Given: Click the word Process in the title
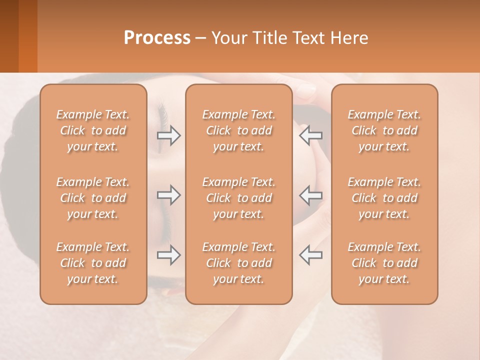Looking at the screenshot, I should click(x=157, y=38).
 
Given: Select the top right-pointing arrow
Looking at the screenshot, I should click(x=169, y=135).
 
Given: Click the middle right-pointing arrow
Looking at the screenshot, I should click(x=169, y=195).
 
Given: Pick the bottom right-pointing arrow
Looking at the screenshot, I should click(x=169, y=255).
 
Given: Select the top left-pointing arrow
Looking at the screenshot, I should click(x=310, y=135).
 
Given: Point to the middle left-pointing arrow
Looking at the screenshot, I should click(x=310, y=195).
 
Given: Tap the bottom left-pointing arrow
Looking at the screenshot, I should click(x=310, y=255).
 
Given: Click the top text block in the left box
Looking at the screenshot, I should click(x=93, y=130).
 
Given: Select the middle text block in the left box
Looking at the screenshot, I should click(x=93, y=198).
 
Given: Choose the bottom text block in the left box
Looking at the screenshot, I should click(x=93, y=263).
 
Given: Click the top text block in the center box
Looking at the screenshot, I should click(x=239, y=130).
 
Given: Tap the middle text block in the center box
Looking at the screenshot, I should click(x=239, y=198).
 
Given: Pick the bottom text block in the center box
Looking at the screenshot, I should click(x=239, y=263).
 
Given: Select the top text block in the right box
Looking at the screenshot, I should click(x=384, y=130).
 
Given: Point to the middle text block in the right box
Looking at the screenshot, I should click(x=384, y=198).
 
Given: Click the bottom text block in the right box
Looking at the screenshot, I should click(x=384, y=263).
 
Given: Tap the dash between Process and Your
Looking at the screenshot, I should click(x=201, y=39).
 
